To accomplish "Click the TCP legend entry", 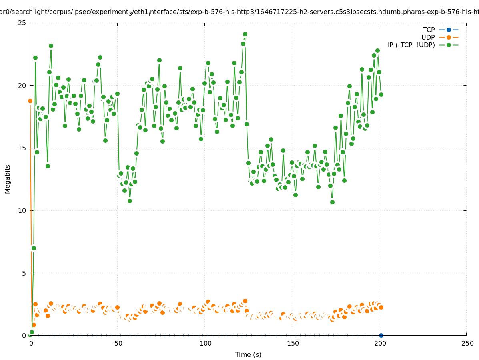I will point(429,30).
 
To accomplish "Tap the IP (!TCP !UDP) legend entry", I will point(411,45).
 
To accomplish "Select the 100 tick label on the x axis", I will point(205,344).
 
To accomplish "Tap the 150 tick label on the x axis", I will point(292,344).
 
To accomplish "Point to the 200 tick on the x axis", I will point(379,344).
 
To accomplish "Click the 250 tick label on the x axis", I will point(467,344).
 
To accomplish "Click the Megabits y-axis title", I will point(8,179).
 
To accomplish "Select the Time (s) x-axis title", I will point(248,354).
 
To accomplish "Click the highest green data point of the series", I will point(245,34).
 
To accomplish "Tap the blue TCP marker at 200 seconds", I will point(381,335).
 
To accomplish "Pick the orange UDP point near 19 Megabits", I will point(30,101).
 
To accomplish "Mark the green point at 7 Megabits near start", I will point(34,248).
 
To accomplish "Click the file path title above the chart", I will point(239,12).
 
